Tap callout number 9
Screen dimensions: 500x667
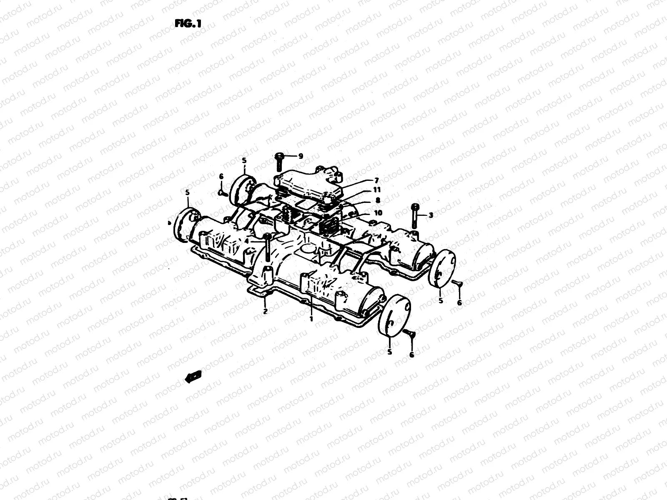click(301, 156)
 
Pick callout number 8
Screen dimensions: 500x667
click(378, 200)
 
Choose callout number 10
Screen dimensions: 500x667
click(378, 212)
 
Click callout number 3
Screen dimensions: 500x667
click(431, 215)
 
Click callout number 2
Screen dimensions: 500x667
click(265, 310)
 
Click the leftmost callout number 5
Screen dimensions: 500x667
click(188, 192)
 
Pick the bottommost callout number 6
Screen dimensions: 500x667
click(412, 355)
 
